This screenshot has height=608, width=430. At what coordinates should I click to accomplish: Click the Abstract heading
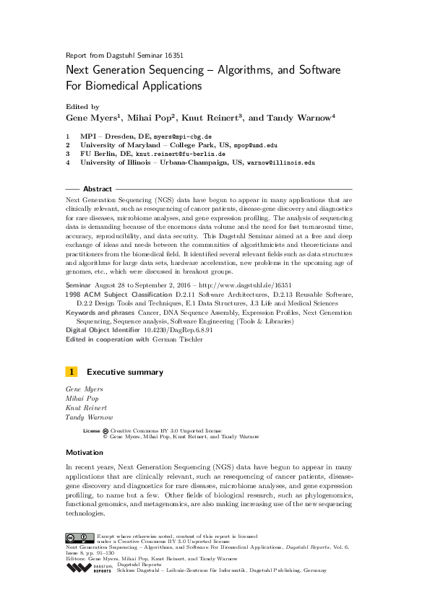point(98,188)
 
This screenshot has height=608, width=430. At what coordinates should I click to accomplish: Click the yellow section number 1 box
point(72,372)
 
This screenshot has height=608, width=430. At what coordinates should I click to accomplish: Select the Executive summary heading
point(124,373)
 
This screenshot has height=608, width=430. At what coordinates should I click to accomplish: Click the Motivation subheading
point(85,453)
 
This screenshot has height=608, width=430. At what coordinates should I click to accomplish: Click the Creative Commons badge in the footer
point(79,538)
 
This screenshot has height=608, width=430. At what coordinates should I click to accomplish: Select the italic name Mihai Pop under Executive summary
point(82,398)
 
